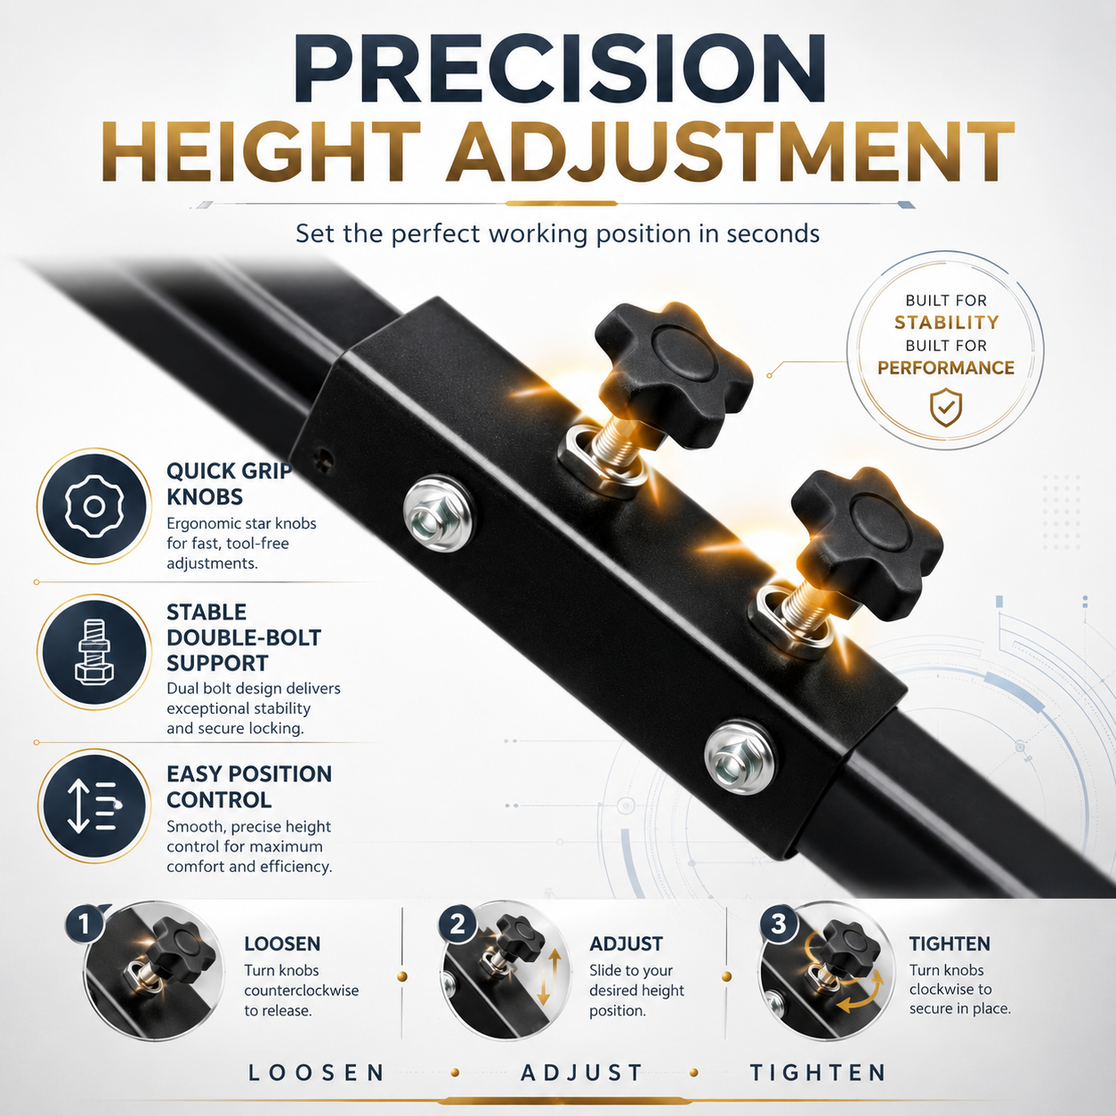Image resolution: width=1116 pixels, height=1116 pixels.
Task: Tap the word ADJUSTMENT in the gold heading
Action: (729, 151)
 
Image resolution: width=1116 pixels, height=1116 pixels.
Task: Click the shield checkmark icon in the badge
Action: (946, 407)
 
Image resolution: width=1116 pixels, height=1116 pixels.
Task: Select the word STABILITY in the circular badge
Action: (946, 322)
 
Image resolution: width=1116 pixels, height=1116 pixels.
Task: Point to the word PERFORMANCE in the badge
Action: (946, 368)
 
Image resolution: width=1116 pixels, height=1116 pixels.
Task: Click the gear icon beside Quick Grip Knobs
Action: (93, 506)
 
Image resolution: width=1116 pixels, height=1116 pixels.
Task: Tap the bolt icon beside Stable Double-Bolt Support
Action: (93, 651)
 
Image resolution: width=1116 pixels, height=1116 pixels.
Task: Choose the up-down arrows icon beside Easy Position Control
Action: (93, 806)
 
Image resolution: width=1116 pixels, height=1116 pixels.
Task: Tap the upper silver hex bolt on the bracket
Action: (437, 514)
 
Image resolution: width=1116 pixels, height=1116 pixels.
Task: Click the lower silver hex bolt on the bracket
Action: (740, 757)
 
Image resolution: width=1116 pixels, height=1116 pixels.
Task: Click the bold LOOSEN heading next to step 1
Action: (282, 943)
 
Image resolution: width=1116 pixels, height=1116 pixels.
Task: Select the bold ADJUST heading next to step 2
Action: (626, 943)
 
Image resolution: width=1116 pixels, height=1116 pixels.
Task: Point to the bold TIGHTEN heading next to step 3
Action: (950, 943)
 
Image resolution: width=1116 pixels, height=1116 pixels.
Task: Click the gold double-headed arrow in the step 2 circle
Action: (550, 976)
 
